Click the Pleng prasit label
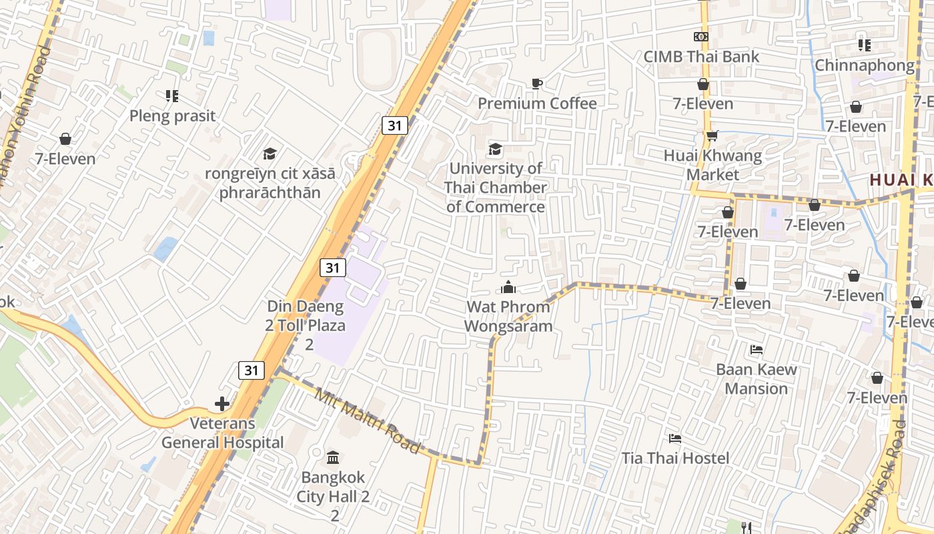(x=172, y=116)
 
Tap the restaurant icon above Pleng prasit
(x=172, y=96)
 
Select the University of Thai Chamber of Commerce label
(x=495, y=188)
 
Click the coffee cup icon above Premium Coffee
(x=536, y=83)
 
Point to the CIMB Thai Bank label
(x=701, y=57)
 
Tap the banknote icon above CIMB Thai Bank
(x=701, y=37)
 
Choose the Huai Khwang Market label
(x=713, y=166)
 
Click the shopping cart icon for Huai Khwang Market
(x=713, y=136)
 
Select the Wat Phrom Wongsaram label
(x=508, y=316)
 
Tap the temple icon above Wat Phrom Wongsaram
(x=508, y=288)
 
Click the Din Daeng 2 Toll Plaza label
(x=306, y=325)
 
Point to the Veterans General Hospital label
(x=223, y=433)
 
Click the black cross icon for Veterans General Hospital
(x=222, y=404)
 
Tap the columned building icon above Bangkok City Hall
(x=332, y=458)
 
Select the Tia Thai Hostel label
(x=675, y=459)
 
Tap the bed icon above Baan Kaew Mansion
(x=756, y=349)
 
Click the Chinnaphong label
(x=864, y=65)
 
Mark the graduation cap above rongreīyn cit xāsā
(x=270, y=154)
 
